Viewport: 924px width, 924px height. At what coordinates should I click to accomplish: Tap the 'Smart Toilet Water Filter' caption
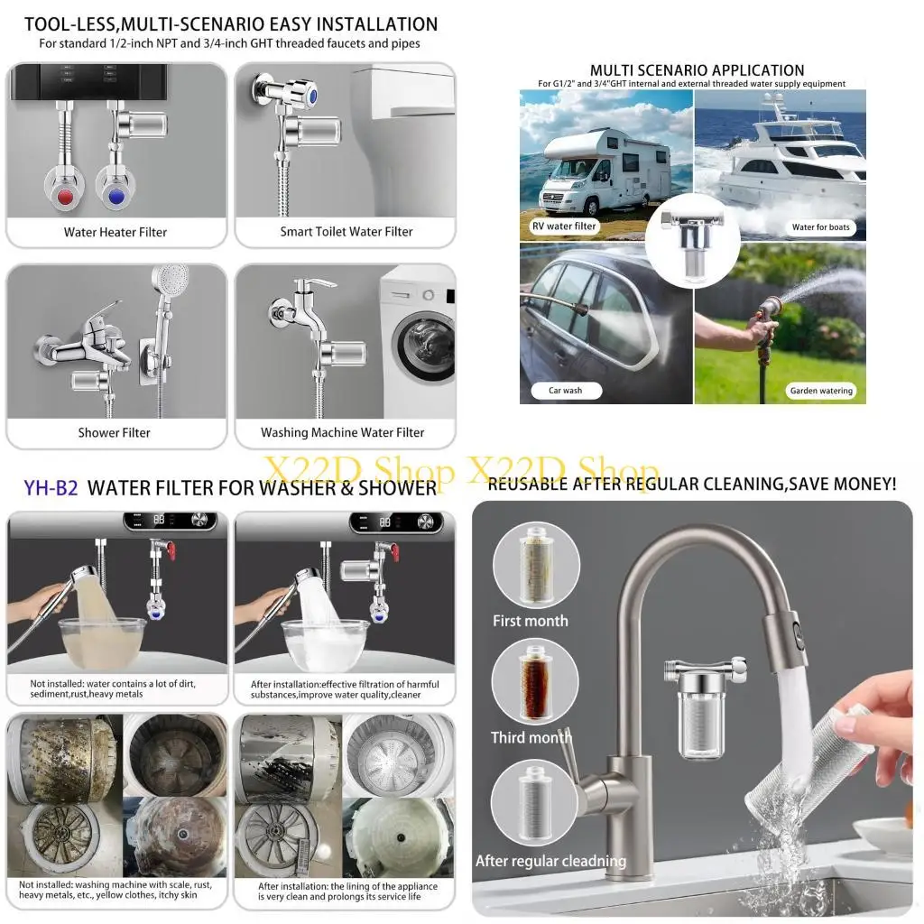(346, 232)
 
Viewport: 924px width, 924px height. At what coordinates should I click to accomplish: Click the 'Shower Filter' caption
(114, 433)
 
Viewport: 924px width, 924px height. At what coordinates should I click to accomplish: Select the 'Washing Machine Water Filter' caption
(342, 433)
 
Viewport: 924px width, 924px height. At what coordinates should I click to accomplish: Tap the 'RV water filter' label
(564, 226)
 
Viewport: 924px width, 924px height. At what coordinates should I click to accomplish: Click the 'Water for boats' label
(821, 227)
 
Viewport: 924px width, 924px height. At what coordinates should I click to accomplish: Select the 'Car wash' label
(566, 391)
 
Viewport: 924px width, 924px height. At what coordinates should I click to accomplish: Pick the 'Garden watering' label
(820, 391)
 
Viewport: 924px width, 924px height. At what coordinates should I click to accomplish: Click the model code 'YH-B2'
(51, 488)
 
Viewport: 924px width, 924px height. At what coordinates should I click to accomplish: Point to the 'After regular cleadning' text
(550, 861)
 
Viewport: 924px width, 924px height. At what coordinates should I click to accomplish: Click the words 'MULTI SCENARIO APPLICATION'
(697, 70)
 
